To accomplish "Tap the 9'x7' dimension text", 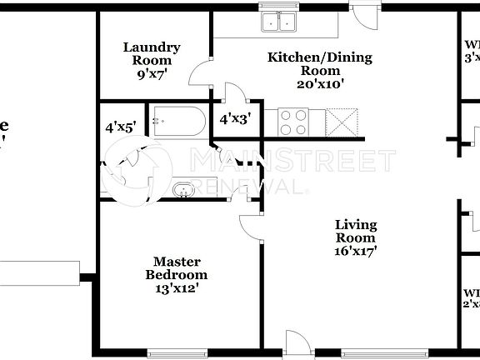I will point(152,73).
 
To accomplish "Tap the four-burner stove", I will point(293,122).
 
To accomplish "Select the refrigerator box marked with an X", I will point(343,122).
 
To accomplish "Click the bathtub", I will point(177,122).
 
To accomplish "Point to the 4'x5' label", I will point(120,127).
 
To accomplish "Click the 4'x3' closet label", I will point(235,120).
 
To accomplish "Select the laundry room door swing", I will point(201,74).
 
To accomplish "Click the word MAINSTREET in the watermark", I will point(293,161).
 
